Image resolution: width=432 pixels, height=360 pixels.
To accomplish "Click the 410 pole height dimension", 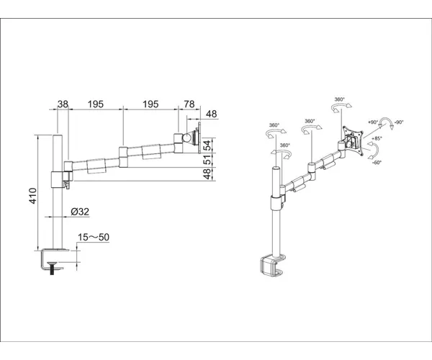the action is [33, 196].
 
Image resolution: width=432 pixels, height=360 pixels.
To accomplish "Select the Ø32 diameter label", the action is [80, 212].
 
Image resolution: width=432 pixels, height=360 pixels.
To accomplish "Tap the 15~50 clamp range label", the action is [94, 237].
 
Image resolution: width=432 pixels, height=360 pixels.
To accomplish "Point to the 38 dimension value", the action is [63, 104].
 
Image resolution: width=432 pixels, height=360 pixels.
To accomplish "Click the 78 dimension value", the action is [189, 104].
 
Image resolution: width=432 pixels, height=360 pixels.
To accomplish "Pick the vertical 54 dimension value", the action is [208, 145].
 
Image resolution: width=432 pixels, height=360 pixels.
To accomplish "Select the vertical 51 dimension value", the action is [208, 160].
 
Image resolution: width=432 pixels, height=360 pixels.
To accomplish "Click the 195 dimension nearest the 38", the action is [96, 104].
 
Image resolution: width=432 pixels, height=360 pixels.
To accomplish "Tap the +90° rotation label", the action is [373, 122].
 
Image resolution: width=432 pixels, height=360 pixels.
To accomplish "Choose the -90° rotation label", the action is [399, 122].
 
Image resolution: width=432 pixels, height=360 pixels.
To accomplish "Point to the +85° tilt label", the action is [377, 138].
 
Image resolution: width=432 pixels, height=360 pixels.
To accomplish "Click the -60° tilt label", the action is [377, 163].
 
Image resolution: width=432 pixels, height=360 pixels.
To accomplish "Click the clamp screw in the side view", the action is [52, 268].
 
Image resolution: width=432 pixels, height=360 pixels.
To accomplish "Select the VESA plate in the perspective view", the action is [352, 140].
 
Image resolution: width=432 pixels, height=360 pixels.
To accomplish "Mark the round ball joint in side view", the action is [188, 138].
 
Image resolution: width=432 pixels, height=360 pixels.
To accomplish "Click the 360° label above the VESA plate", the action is [340, 99].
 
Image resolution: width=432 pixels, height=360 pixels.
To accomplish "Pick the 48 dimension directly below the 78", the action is [211, 114].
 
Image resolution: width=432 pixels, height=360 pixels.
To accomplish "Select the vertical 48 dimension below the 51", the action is [208, 174].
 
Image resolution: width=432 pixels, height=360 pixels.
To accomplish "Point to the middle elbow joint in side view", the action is [123, 157].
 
